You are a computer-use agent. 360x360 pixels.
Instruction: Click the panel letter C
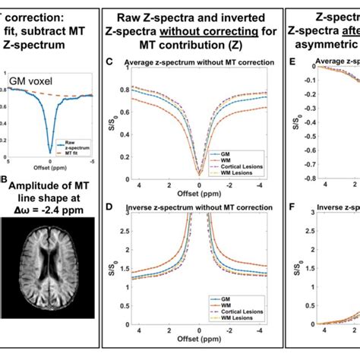(x=109, y=60)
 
